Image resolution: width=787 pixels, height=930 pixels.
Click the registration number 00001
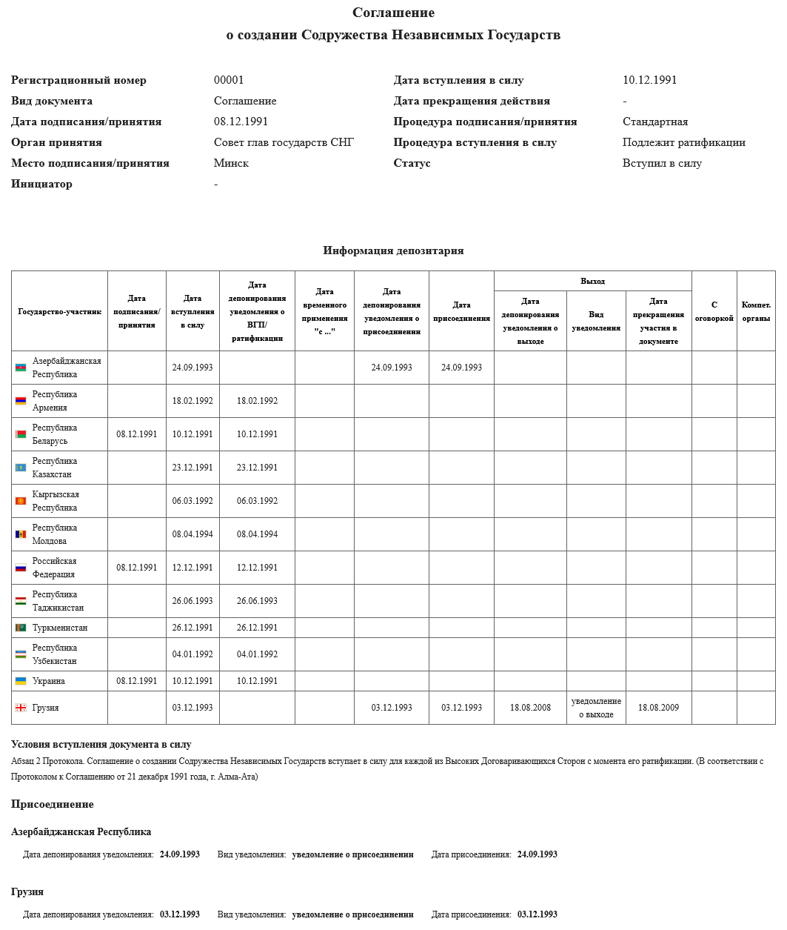point(229,80)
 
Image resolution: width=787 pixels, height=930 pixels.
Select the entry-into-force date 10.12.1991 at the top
point(649,80)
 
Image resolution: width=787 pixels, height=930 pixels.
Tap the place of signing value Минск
point(231,163)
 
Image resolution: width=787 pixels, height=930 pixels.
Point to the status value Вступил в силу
point(662,163)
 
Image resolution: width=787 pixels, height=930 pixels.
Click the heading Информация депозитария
point(393,250)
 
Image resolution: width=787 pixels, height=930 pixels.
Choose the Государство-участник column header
point(59,311)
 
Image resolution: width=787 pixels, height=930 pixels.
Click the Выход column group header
point(592,281)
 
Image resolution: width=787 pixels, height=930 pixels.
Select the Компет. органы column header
point(756,311)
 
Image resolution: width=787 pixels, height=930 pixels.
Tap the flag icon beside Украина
point(21,681)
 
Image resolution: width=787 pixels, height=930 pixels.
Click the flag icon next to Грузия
point(21,708)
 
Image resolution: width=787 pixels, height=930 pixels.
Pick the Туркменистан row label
point(60,628)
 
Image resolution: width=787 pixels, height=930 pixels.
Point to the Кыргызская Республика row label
point(56,501)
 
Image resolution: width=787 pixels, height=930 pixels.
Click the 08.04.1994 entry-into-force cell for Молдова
point(192,534)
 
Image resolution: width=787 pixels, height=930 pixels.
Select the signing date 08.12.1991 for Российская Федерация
point(137,568)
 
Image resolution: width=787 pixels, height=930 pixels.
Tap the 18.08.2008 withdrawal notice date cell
point(530,708)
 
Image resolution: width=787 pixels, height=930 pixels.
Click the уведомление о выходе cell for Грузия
point(596,708)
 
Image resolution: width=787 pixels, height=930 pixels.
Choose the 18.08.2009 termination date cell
point(658,708)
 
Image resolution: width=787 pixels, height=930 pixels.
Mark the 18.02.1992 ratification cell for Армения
point(257,401)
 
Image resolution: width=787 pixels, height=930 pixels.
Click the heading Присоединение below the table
point(53,804)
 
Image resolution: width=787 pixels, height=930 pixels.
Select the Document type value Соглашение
point(245,101)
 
